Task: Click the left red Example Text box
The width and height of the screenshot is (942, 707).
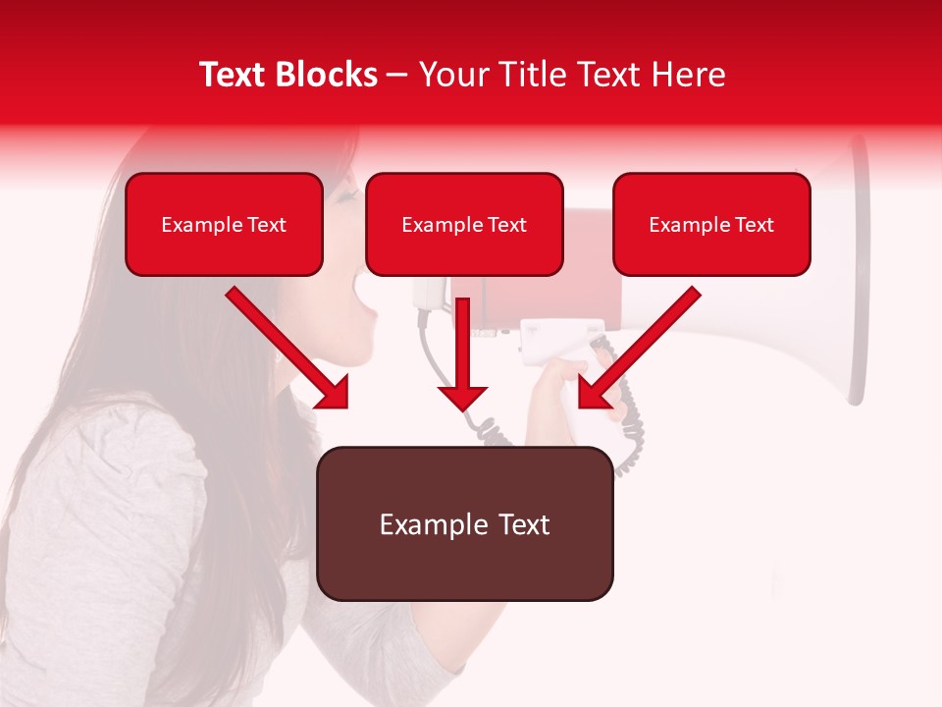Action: pos(224,224)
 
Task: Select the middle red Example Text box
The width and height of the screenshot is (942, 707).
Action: pos(464,224)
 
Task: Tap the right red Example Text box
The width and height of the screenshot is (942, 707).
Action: pos(711,224)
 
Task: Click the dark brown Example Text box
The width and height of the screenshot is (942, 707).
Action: pos(464,523)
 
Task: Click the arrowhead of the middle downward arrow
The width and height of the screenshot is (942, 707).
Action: pos(462,397)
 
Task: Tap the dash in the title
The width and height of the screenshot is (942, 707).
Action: pos(397,75)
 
